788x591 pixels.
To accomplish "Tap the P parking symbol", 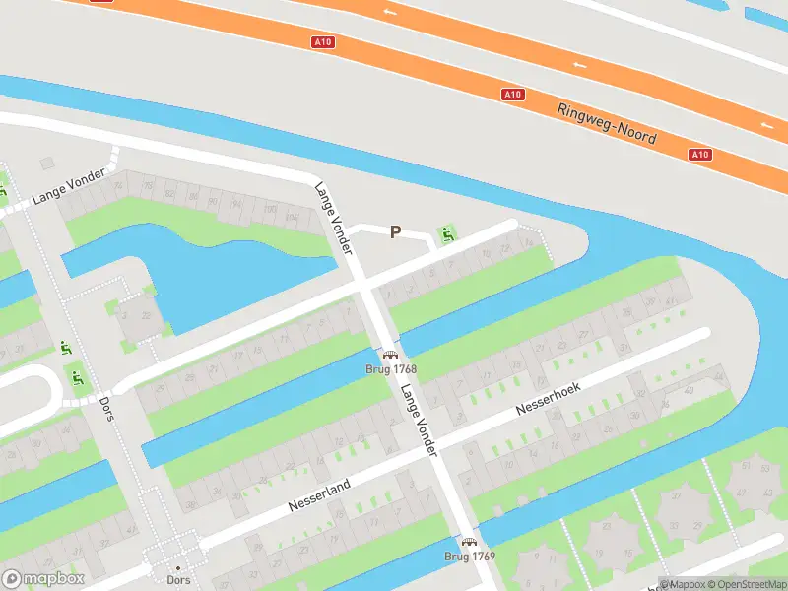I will pos(395,232).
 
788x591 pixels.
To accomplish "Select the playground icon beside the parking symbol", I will pos(448,234).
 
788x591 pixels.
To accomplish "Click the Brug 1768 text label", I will pos(390,369).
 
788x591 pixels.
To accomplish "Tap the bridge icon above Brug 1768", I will pos(390,355).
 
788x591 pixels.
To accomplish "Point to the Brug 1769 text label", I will pos(469,557).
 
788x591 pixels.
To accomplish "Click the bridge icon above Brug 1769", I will pos(469,542).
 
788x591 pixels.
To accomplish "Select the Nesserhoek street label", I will pos(549,398).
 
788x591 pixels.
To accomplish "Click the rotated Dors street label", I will pos(105,407).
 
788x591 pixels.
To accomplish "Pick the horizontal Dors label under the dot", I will pos(178,581).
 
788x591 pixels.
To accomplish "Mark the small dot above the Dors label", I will pos(178,568).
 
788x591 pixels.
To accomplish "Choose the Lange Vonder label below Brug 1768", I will pos(418,420).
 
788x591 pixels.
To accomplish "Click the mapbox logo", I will pos(43,578).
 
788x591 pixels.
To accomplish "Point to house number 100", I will pos(270,210).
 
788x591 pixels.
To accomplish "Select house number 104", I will pos(292,217).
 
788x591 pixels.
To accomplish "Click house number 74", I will pos(118,184).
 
